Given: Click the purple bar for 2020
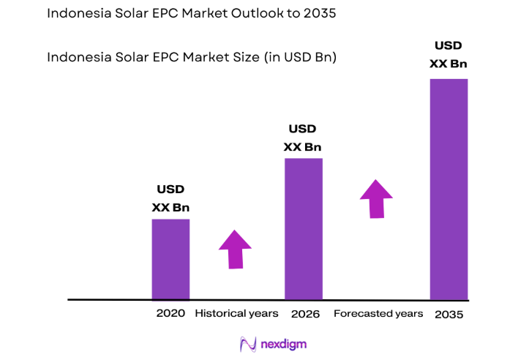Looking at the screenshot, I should pos(170,259).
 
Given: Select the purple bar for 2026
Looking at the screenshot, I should pos(303,228).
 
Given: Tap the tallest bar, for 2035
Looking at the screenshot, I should pos(449,189).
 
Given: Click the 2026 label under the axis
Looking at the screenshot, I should pos(304,313).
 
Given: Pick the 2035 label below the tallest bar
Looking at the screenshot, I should pos(449,314).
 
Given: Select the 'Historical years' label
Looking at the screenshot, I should pos(236,313).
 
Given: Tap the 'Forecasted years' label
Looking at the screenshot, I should pos(378,313).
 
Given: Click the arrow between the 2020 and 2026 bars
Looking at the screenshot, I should pos(235,250).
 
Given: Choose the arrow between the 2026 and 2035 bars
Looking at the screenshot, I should pos(376,198).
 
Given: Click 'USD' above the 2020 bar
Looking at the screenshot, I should pos(170,190).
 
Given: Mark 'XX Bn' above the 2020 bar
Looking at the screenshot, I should pos(170,207).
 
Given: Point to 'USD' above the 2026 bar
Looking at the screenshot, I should pos(302,129).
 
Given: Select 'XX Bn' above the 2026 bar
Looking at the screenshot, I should pos(302,146).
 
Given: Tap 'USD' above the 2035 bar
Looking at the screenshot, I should pos(448,47).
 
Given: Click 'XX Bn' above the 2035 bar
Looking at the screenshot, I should pos(448,64).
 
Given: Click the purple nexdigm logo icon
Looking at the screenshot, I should pos(247,344).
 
